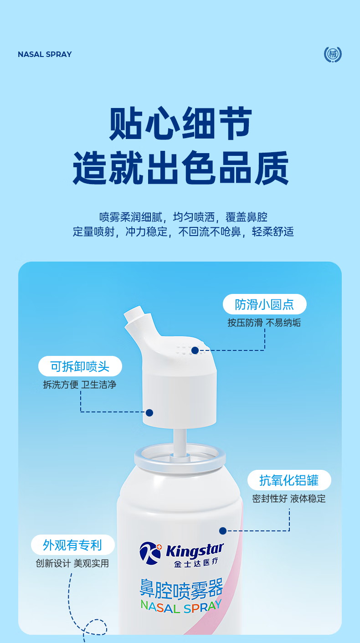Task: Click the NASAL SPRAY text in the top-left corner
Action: click(45, 54)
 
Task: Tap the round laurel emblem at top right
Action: click(333, 54)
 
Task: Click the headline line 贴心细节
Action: click(180, 123)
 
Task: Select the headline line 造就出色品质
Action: click(180, 167)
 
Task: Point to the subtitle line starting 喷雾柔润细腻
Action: click(184, 217)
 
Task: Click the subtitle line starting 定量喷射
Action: click(183, 231)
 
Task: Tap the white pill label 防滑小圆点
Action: click(264, 304)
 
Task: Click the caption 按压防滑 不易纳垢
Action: click(264, 323)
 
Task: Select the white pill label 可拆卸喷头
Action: click(80, 366)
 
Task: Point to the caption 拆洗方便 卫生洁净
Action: click(80, 385)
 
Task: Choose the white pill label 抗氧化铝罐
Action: click(289, 480)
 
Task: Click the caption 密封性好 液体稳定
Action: click(289, 499)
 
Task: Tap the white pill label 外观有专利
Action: click(72, 545)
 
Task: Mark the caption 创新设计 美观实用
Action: click(72, 563)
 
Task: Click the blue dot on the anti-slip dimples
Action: click(195, 350)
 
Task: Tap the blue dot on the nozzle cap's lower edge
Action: click(149, 413)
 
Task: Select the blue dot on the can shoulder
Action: click(223, 531)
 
